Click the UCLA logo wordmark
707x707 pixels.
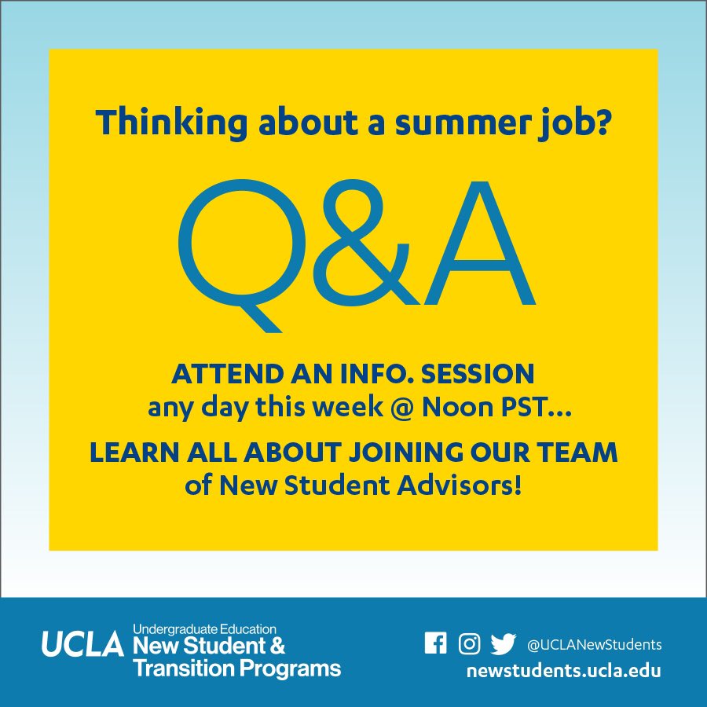[x=82, y=645]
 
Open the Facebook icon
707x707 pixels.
[x=435, y=644]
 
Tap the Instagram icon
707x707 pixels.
[x=469, y=644]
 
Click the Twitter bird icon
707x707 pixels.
[x=503, y=644]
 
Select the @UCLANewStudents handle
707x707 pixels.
[x=595, y=645]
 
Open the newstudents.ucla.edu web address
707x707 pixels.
[x=562, y=672]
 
